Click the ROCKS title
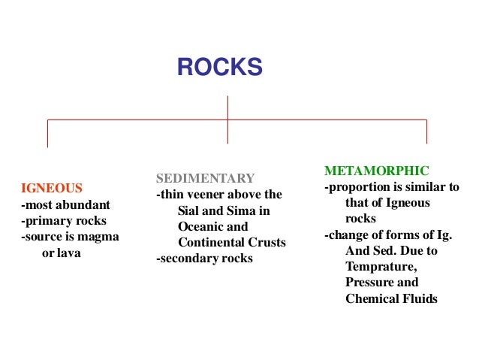[x=219, y=68]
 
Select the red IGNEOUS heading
[x=52, y=187]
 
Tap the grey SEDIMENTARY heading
[x=205, y=178]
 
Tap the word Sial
[x=191, y=210]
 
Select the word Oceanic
[x=202, y=226]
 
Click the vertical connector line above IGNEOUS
[x=48, y=133]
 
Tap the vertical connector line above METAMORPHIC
[x=426, y=132]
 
